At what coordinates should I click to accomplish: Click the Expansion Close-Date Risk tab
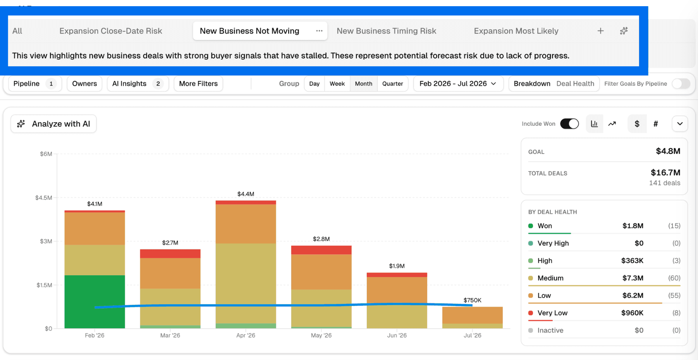[110, 31]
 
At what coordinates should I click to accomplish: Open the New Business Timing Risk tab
[386, 31]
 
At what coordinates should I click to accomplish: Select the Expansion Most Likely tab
[516, 31]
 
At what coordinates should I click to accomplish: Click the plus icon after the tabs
[600, 31]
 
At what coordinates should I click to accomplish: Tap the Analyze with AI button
[53, 124]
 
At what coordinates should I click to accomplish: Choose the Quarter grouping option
[392, 84]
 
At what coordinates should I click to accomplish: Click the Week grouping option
[337, 84]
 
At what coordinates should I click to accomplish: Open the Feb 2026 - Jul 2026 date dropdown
[458, 84]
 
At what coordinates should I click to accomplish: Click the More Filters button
[198, 84]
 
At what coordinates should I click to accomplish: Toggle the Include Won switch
[569, 124]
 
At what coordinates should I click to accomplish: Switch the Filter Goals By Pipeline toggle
[681, 84]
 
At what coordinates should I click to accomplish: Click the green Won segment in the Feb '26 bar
[95, 302]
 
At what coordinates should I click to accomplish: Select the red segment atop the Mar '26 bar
[170, 254]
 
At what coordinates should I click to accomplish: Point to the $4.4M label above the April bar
[246, 194]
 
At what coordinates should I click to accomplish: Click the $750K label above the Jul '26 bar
[472, 300]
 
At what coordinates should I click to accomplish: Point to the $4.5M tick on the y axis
[43, 198]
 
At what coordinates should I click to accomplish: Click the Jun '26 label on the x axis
[397, 335]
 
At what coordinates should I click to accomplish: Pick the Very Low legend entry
[552, 313]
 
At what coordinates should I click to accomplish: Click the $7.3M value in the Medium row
[633, 278]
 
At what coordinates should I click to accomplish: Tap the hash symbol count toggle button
[655, 124]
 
